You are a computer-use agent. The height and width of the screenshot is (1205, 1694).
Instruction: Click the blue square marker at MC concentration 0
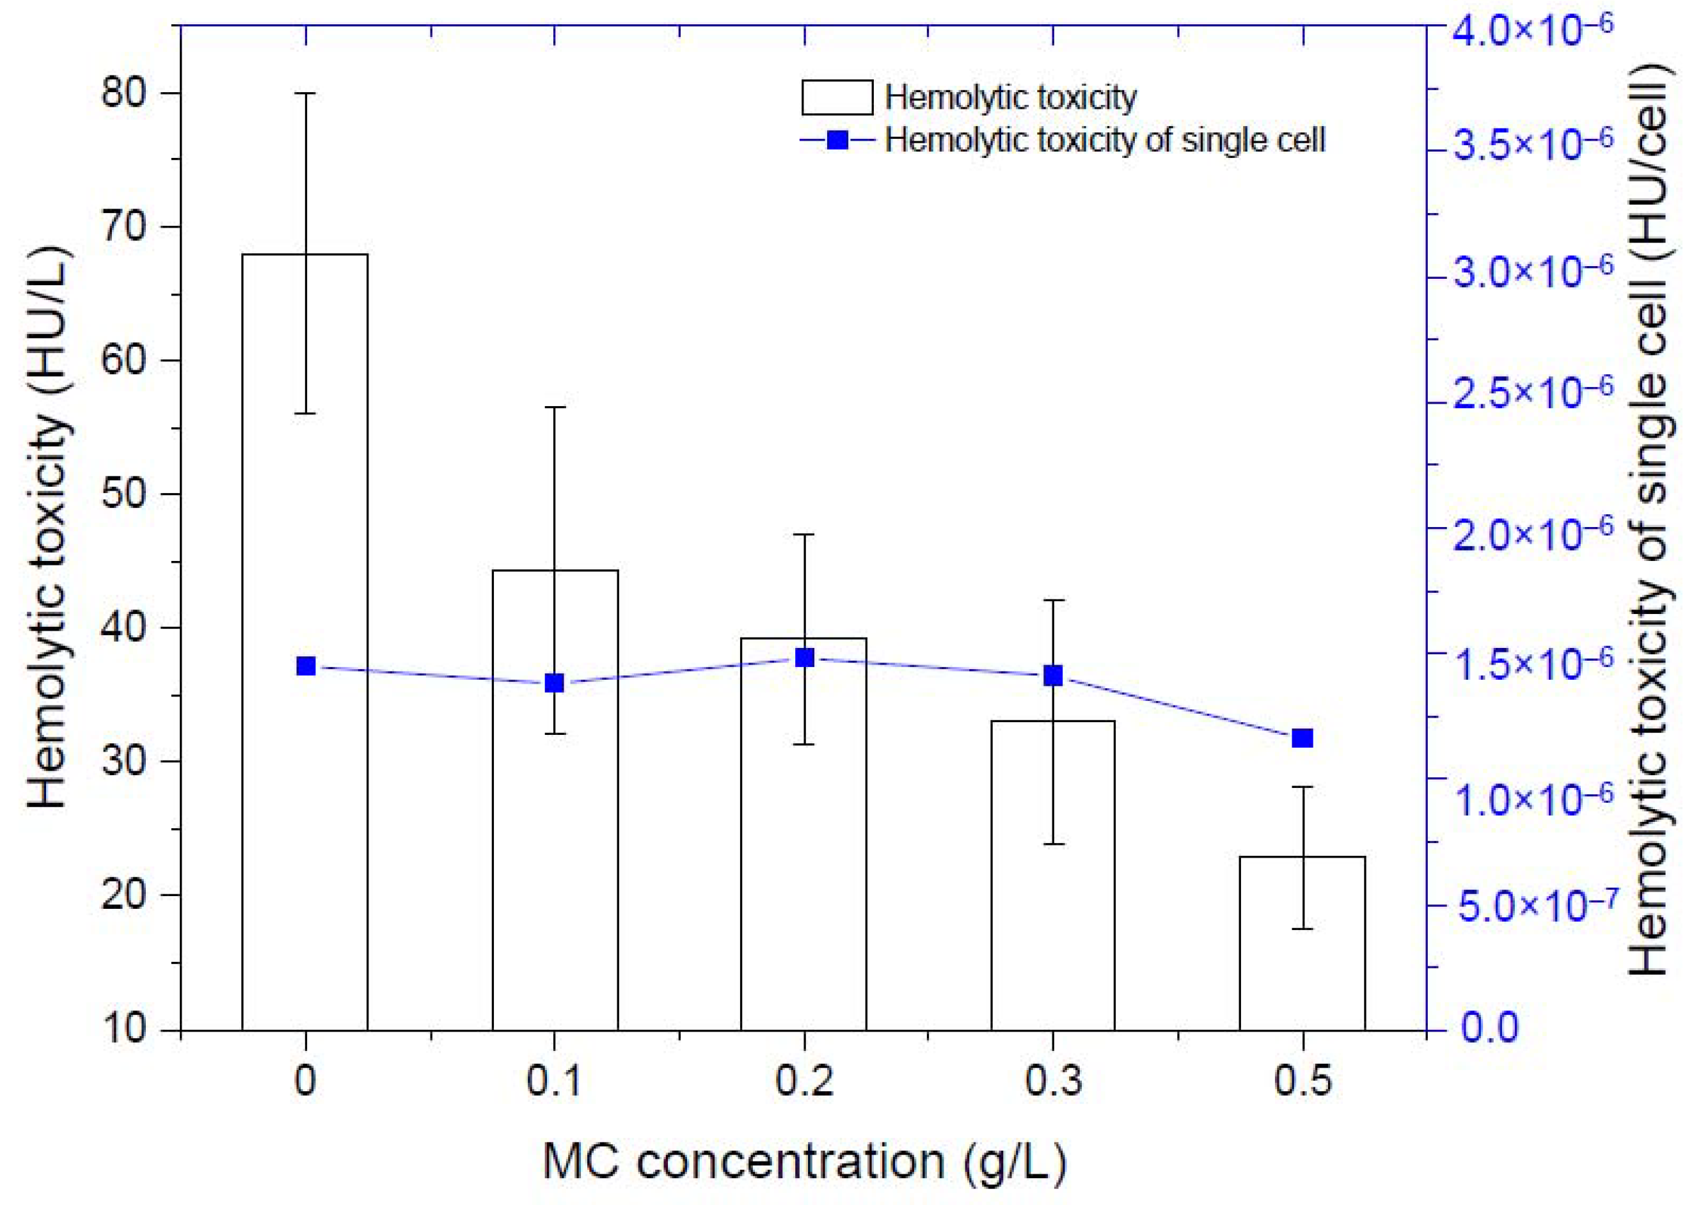[306, 666]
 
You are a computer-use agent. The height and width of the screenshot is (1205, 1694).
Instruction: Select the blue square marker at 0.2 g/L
[804, 658]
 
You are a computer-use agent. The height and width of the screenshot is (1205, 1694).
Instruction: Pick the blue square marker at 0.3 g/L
[1053, 675]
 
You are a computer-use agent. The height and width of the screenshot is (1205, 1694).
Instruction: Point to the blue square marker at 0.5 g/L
[1302, 738]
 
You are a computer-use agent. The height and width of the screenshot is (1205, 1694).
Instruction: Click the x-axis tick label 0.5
[1303, 1082]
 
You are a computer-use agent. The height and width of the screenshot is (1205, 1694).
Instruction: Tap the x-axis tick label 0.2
[804, 1082]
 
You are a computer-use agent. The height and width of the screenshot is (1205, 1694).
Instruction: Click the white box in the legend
[836, 97]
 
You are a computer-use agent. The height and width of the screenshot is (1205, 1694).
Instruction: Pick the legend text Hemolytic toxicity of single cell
[1105, 139]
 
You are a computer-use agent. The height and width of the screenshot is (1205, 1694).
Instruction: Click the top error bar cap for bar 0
[306, 93]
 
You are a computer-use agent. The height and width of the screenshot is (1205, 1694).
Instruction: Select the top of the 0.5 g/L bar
[1302, 857]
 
